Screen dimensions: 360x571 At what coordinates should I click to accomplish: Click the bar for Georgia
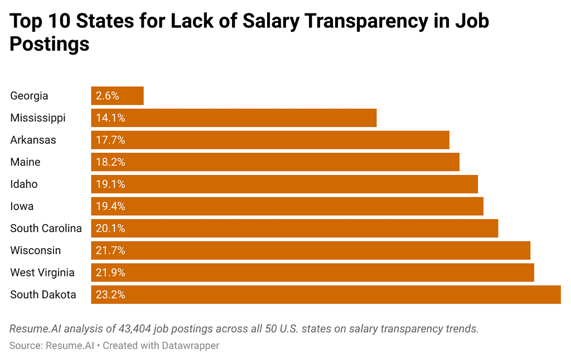point(118,96)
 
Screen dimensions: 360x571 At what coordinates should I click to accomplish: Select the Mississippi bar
point(234,118)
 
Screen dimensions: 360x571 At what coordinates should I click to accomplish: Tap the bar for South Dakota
point(326,295)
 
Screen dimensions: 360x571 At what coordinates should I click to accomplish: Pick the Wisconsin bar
point(311,251)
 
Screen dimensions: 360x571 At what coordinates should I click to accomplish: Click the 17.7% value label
point(110,140)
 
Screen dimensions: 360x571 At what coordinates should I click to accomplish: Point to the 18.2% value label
point(110,162)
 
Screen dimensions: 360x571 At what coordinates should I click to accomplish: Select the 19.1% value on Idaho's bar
point(110,184)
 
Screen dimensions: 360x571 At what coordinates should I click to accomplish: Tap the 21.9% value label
point(110,273)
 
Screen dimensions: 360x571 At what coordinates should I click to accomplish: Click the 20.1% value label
point(110,228)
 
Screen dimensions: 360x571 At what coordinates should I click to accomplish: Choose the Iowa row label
point(22,206)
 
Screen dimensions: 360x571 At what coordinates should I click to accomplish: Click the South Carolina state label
point(46,228)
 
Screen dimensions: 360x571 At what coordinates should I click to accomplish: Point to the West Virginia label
point(42,273)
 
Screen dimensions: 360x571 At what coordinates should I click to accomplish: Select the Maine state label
point(25,162)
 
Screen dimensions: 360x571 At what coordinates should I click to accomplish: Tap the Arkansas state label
point(33,140)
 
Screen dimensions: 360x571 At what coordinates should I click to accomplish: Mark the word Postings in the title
point(50,44)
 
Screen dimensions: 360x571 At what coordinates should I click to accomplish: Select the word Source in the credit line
point(25,346)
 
